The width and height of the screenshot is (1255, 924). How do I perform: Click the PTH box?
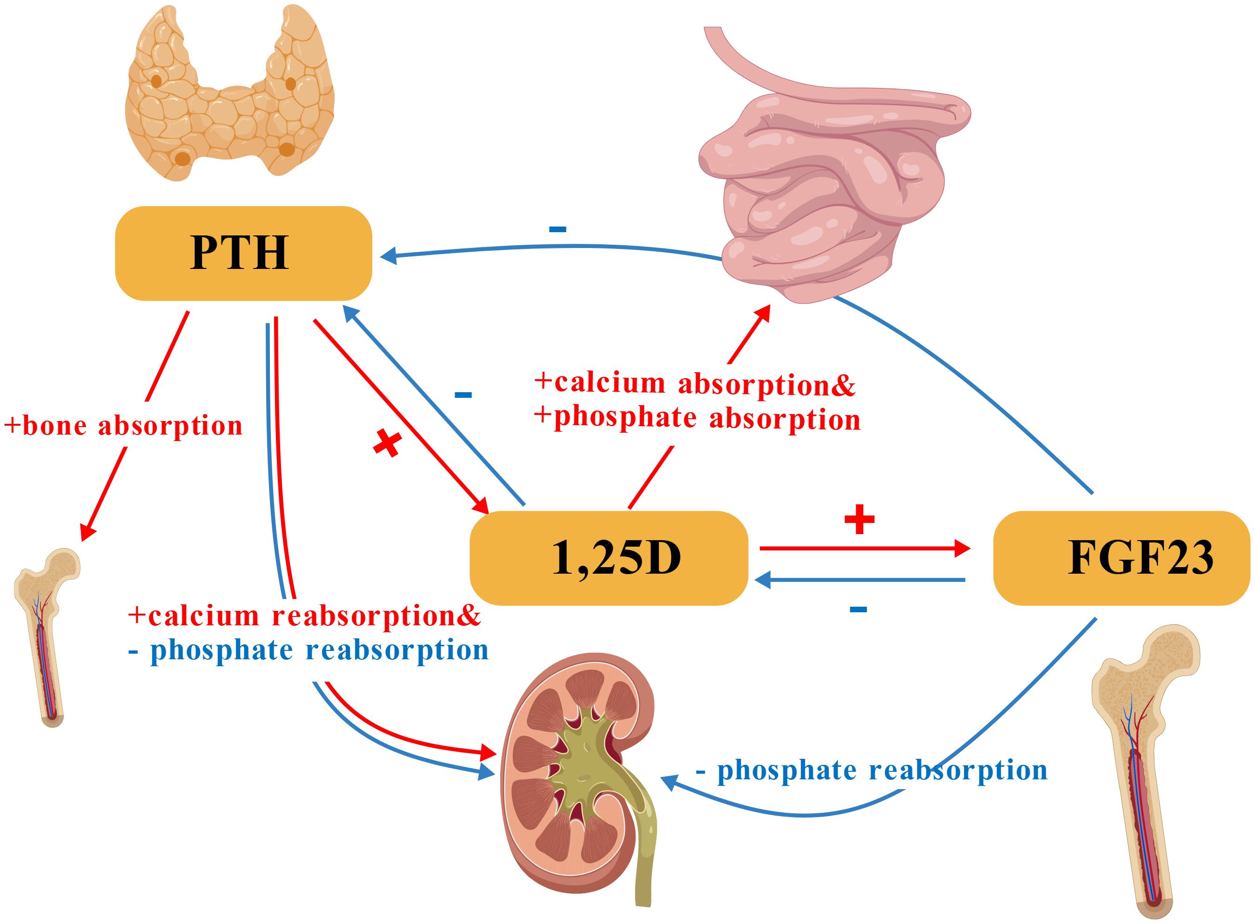pos(243,254)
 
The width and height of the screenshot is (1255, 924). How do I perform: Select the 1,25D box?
pos(609,558)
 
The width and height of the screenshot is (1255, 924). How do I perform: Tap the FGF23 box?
pos(1121,558)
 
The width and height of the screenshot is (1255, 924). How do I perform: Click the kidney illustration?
pos(576,783)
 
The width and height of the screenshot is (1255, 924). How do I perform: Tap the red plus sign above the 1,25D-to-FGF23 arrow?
pos(859,520)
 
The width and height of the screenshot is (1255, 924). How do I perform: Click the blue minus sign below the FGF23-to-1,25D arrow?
pos(858,609)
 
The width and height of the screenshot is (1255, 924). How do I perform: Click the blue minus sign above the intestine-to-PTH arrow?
pos(557,229)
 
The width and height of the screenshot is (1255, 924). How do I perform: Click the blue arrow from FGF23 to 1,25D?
pos(861,581)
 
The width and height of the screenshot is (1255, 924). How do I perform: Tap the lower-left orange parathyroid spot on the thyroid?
pos(182,159)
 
